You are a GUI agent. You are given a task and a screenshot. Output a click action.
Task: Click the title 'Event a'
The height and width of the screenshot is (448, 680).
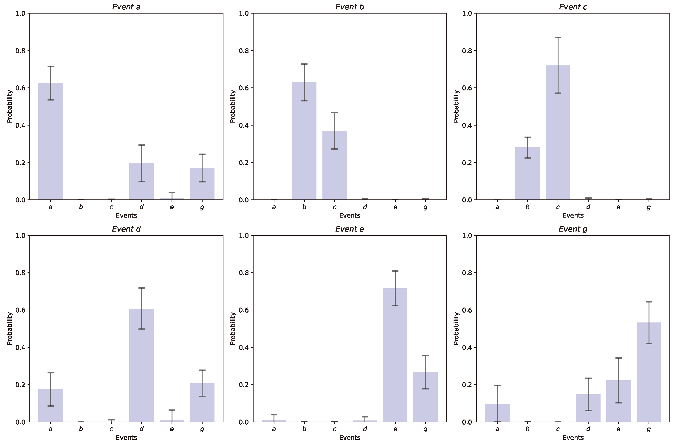point(126,7)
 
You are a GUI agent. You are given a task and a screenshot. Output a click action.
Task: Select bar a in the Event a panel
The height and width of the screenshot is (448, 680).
point(51,141)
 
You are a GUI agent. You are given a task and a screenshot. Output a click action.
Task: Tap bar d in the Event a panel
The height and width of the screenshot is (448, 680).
point(141,182)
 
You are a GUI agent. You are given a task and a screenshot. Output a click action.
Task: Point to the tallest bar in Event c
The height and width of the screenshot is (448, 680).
point(558,133)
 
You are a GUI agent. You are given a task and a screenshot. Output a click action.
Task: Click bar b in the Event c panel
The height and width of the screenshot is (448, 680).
point(527,174)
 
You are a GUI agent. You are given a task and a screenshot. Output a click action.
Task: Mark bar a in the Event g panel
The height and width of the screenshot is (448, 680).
point(497,413)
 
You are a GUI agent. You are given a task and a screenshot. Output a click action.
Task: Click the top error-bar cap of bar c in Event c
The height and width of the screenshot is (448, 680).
point(558,37)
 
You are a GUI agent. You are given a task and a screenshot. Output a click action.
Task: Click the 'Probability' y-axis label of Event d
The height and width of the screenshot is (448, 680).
point(10,329)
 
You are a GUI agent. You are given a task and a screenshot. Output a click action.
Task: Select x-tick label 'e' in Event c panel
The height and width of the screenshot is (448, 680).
point(618,207)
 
